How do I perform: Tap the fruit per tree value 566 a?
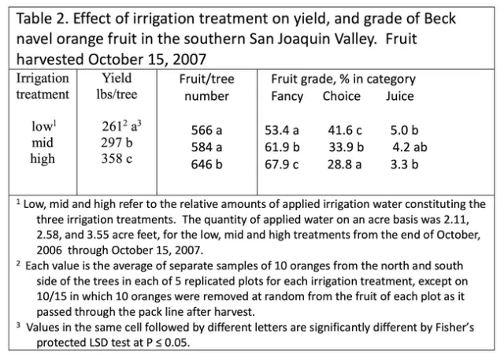coord(207,130)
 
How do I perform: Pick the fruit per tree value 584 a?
coord(207,147)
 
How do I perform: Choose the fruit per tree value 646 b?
coord(207,164)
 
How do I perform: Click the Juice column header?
coord(399,96)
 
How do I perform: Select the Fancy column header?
coord(287,96)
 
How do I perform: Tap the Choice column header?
coord(341,96)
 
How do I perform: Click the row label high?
coord(43,158)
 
